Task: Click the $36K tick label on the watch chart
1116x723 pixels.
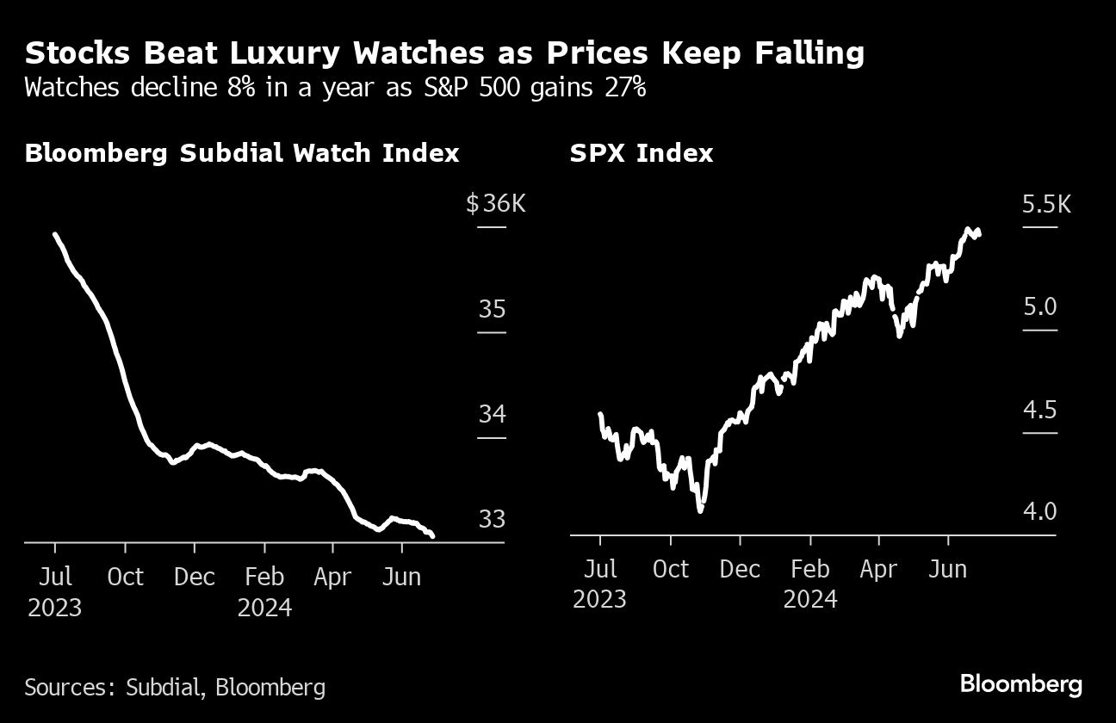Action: point(494,204)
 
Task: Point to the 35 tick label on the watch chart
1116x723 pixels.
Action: point(493,309)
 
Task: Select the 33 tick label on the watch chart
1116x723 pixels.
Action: point(493,520)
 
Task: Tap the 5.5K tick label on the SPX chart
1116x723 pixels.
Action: point(1046,205)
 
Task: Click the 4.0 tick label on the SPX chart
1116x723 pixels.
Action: point(1039,512)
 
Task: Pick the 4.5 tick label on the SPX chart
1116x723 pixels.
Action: point(1039,410)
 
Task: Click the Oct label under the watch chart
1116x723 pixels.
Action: point(125,577)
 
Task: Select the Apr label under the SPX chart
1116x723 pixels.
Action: point(878,570)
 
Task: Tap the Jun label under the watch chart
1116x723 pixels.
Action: point(401,577)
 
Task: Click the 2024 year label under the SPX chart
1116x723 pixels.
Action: point(810,599)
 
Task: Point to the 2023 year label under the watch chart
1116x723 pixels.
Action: point(55,608)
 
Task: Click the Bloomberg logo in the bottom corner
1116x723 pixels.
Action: point(1020,684)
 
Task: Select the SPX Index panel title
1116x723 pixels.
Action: point(642,153)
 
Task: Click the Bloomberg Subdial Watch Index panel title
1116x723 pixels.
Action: point(242,153)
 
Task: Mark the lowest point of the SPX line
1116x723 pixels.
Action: point(700,510)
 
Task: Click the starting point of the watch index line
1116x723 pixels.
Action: point(55,234)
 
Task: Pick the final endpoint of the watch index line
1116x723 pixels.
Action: point(431,535)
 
